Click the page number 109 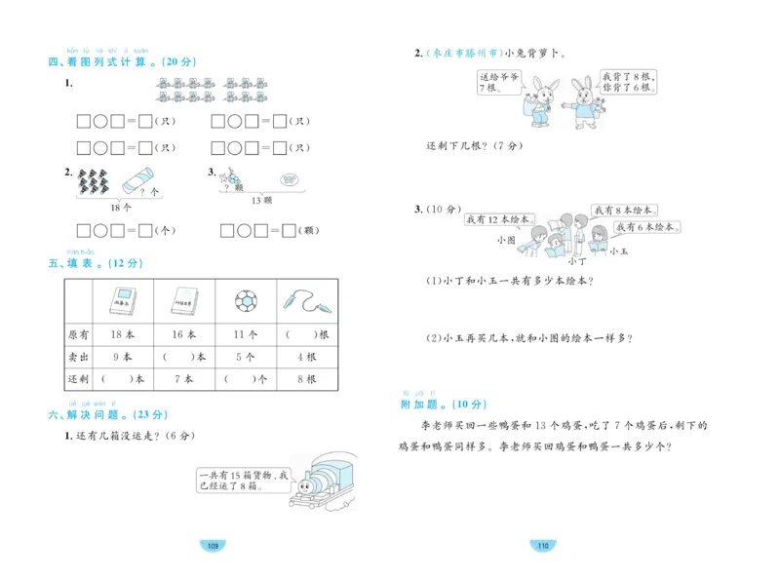[x=212, y=544]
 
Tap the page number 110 [x=541, y=544]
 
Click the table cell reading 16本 [x=183, y=334]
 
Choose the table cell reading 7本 [x=183, y=379]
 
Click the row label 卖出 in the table [x=78, y=357]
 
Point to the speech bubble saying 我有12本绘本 [x=498, y=220]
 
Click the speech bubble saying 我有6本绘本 [x=647, y=226]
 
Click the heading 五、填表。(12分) [x=95, y=263]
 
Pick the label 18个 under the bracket [x=120, y=207]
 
